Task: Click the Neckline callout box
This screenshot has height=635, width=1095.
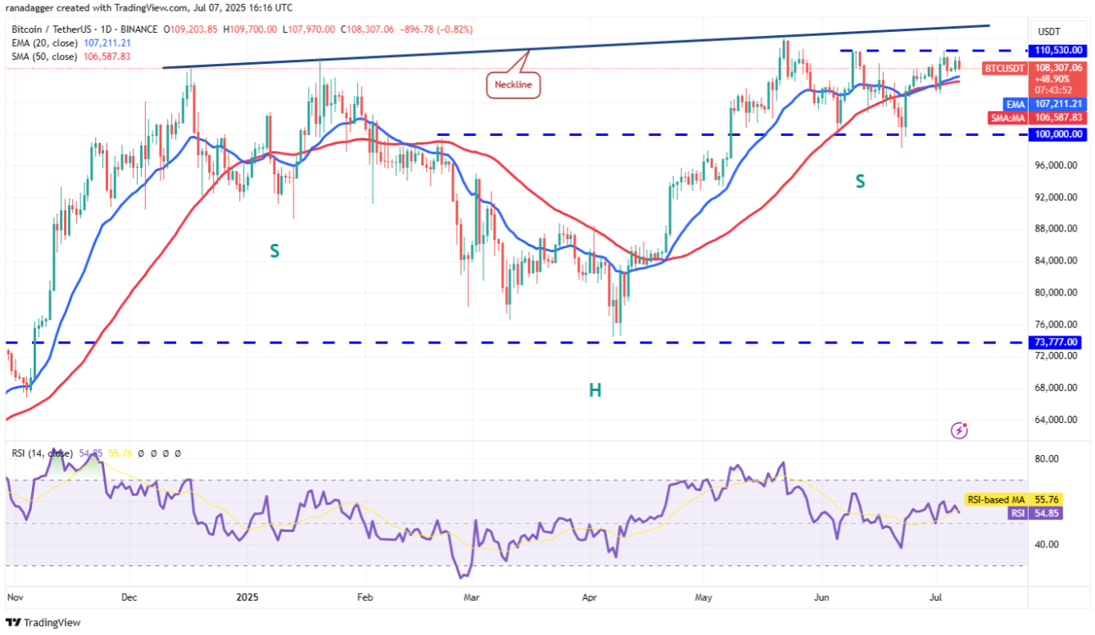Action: pyautogui.click(x=514, y=83)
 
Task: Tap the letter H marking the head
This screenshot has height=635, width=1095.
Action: pyautogui.click(x=595, y=390)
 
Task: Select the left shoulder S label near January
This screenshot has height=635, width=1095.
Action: pyautogui.click(x=275, y=251)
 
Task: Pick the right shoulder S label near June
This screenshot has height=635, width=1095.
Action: pyautogui.click(x=860, y=182)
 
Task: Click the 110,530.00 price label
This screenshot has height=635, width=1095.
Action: pyautogui.click(x=1057, y=51)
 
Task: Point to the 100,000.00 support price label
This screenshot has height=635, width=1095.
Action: pyautogui.click(x=1057, y=133)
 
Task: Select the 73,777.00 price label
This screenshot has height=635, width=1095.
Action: pyautogui.click(x=1057, y=342)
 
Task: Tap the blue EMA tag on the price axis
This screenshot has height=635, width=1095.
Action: pyautogui.click(x=1016, y=105)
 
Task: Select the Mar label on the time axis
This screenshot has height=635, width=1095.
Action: pyautogui.click(x=471, y=598)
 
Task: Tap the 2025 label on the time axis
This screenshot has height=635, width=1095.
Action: pyautogui.click(x=247, y=598)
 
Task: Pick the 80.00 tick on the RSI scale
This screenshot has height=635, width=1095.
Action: pyautogui.click(x=1048, y=459)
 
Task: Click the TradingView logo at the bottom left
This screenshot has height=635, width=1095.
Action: pyautogui.click(x=44, y=623)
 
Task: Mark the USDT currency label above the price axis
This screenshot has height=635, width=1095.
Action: pyautogui.click(x=1049, y=31)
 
